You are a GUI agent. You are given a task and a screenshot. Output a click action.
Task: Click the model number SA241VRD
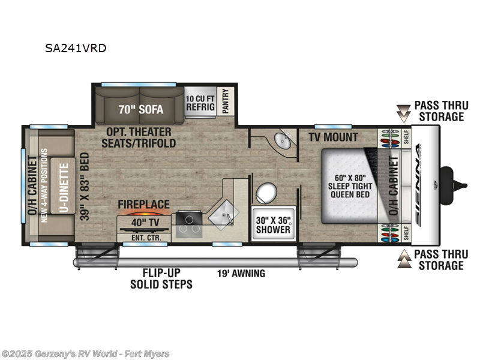click(x=76, y=48)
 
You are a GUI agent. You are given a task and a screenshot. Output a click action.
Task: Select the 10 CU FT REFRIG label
click(x=200, y=103)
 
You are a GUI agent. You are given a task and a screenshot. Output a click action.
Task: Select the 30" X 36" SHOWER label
click(x=273, y=224)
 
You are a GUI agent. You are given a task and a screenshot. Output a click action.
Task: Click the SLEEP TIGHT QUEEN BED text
click(x=349, y=187)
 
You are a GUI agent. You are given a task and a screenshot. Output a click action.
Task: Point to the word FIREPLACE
click(x=143, y=205)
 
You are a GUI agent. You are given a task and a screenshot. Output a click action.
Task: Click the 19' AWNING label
click(x=241, y=274)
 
